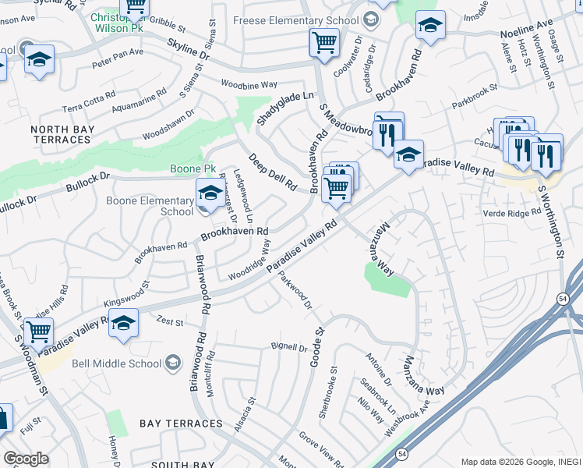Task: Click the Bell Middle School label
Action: coord(116,363)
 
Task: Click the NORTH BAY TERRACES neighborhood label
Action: coord(62,134)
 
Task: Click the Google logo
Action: coord(26,459)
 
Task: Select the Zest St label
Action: coord(170,322)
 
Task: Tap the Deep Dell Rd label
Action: coord(272,172)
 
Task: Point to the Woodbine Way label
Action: coord(249,83)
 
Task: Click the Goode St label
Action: coord(318,345)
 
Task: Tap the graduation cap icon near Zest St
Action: coord(123,321)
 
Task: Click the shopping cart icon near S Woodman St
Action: coord(37,331)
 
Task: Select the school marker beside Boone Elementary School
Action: coord(209,193)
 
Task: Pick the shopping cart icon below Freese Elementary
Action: coord(323,42)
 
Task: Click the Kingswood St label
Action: coord(126,296)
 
